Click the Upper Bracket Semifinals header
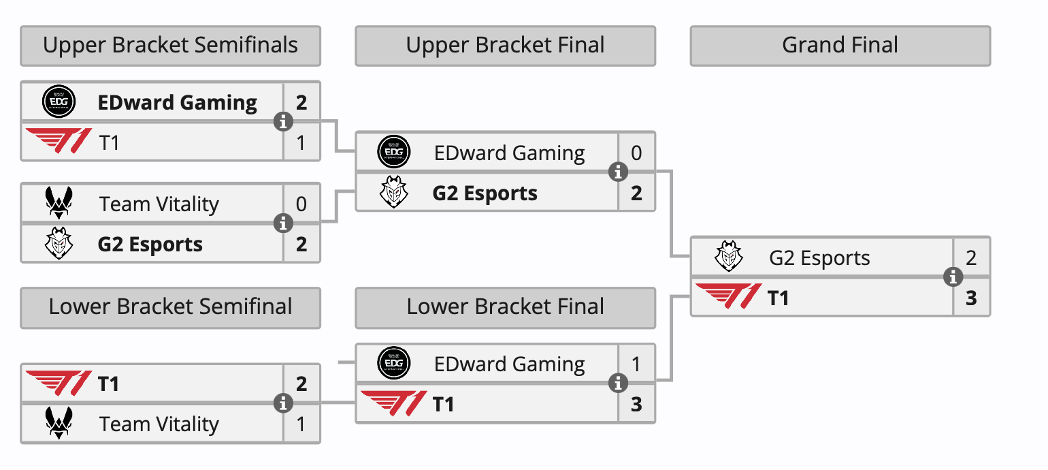[170, 46]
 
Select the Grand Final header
[840, 46]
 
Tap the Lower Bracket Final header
[505, 307]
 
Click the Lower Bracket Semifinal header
[170, 307]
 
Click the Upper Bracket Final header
[505, 46]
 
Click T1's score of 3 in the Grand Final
[971, 298]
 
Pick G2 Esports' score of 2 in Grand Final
[971, 258]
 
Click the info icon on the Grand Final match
[953, 277]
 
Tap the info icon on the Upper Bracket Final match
[618, 172]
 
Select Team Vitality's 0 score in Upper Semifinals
[301, 204]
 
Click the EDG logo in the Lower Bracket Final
[394, 364]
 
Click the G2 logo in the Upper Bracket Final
[394, 193]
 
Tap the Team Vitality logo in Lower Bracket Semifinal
[59, 424]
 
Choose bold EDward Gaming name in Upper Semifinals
[178, 103]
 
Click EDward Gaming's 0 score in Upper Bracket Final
[636, 153]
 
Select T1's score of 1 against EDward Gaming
[301, 143]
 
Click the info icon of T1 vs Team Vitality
[283, 403]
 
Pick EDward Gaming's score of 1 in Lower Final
[636, 364]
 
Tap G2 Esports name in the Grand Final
[819, 258]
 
